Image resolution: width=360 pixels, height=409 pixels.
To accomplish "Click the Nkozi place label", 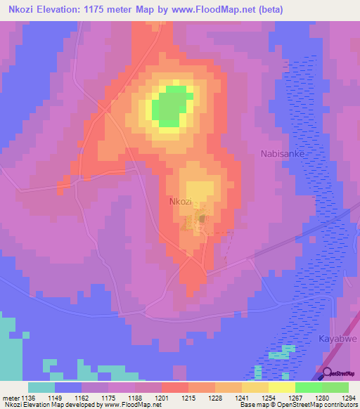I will pos(181,202).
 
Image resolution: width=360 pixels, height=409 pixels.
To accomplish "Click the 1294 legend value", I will pos(349,398).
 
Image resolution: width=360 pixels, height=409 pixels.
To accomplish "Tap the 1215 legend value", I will pos(188,398).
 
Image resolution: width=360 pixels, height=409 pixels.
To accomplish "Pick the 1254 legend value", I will pos(269,398).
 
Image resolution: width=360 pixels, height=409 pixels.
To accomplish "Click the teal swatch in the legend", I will pos(41,387).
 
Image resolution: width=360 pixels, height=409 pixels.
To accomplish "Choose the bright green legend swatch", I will pos(309,387).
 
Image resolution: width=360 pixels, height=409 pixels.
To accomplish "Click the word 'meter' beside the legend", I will pos(10,398).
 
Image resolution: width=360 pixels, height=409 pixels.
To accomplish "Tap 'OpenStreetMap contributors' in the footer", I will pos(324,405).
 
